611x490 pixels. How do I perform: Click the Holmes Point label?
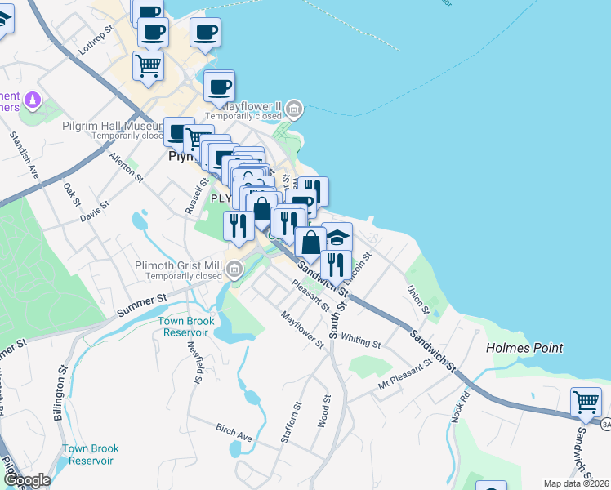point(524,348)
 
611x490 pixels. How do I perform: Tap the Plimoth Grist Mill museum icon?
point(234,267)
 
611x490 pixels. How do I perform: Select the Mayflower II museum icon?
point(295,108)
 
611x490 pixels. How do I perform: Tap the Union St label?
point(418,298)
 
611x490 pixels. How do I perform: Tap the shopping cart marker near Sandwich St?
point(586,401)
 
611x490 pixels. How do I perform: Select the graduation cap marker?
point(337,237)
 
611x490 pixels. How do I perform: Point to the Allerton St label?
point(127,167)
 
